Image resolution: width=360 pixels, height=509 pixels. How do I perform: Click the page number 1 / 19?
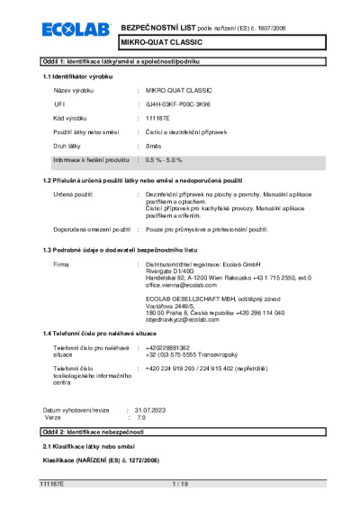pyautogui.click(x=179, y=484)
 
